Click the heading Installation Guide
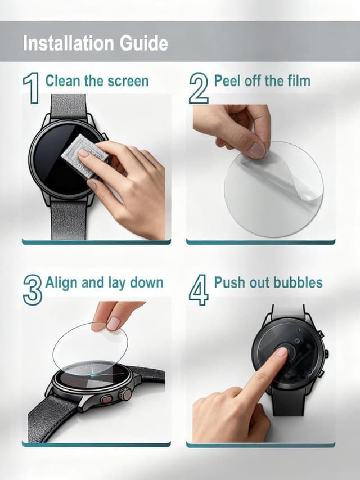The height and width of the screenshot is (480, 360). [x=95, y=43]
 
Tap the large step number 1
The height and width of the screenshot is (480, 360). [x=31, y=88]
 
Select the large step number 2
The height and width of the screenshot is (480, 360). [x=198, y=88]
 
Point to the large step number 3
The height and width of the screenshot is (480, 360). [x=32, y=289]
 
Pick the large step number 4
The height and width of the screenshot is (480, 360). [x=198, y=289]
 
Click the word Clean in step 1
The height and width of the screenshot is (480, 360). [x=63, y=80]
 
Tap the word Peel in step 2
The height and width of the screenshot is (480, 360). [x=226, y=80]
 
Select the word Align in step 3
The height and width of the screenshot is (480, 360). [x=62, y=282]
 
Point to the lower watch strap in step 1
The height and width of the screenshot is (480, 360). [x=69, y=219]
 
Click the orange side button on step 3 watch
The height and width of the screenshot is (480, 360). [x=105, y=400]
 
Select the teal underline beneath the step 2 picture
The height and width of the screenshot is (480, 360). [x=260, y=242]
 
